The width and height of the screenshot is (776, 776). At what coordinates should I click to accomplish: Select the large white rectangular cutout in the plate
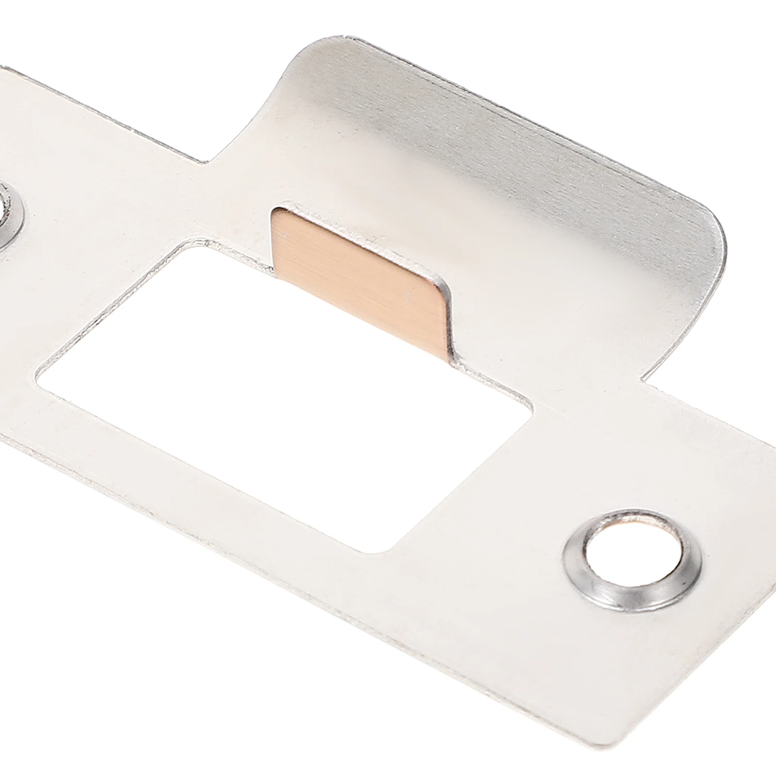tap(281, 388)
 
